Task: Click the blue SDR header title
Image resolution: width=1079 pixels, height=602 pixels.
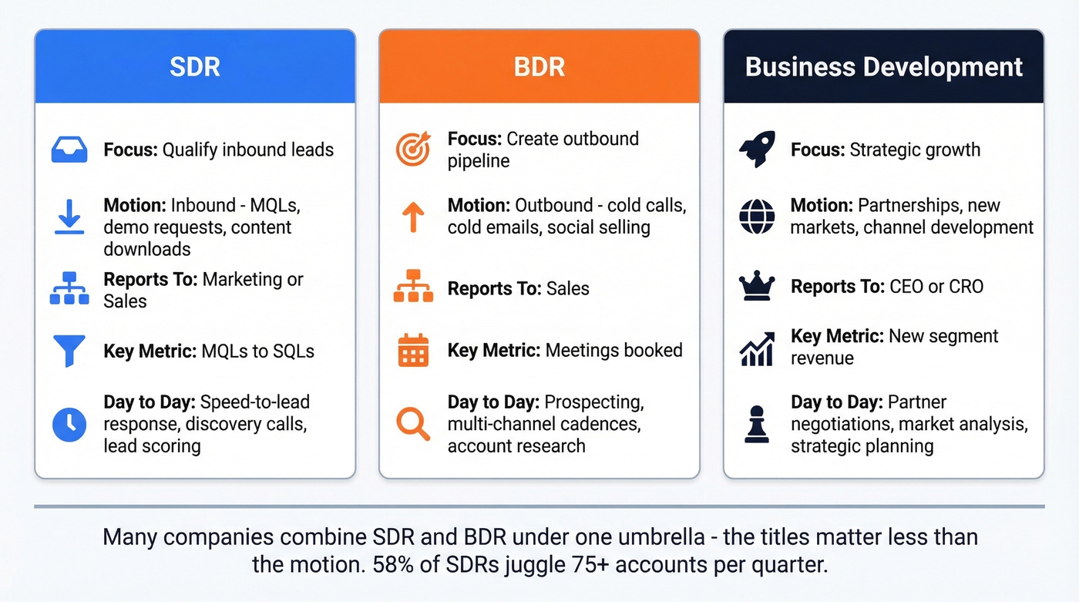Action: [195, 66]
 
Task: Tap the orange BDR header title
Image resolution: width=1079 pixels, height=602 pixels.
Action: [539, 66]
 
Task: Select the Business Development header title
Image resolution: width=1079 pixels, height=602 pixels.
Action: [883, 66]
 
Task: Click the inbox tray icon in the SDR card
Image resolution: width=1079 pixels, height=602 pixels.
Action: [69, 149]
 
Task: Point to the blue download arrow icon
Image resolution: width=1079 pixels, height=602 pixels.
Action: [69, 217]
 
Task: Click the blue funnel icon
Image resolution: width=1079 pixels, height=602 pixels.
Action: [69, 351]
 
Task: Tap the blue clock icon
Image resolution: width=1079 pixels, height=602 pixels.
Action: [69, 424]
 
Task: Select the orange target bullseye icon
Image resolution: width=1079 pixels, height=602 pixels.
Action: [413, 149]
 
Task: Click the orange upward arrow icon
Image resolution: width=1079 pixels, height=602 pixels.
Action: [413, 217]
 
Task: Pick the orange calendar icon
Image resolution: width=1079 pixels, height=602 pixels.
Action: [413, 351]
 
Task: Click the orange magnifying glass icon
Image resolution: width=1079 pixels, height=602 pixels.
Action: [413, 424]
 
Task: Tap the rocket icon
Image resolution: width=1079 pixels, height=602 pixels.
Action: [757, 149]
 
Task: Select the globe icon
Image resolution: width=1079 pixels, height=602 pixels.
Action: [757, 217]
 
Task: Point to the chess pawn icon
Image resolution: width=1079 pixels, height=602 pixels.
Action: [757, 424]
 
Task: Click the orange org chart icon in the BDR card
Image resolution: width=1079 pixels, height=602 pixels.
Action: [413, 288]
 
